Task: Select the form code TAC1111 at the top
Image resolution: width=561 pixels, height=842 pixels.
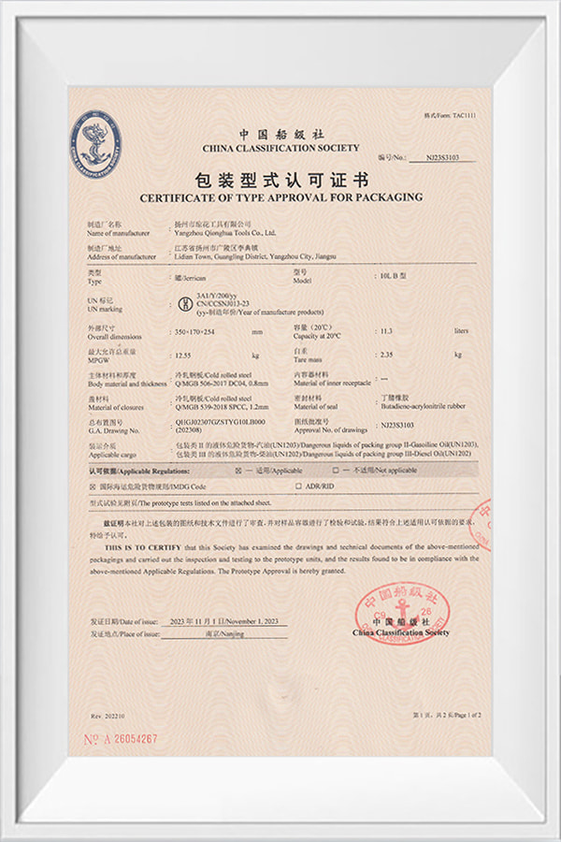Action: [x=471, y=116]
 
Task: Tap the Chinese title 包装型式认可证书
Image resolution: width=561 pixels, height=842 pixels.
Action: [x=281, y=179]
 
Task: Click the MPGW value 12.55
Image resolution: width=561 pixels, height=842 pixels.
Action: [x=188, y=355]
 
